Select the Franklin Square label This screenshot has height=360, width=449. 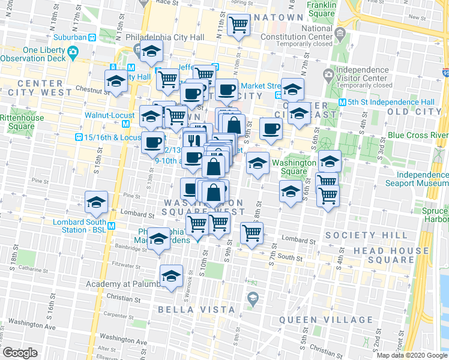(321, 8)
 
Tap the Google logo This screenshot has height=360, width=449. (20, 353)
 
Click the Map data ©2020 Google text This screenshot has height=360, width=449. (412, 355)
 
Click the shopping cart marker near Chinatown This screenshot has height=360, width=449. (239, 26)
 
